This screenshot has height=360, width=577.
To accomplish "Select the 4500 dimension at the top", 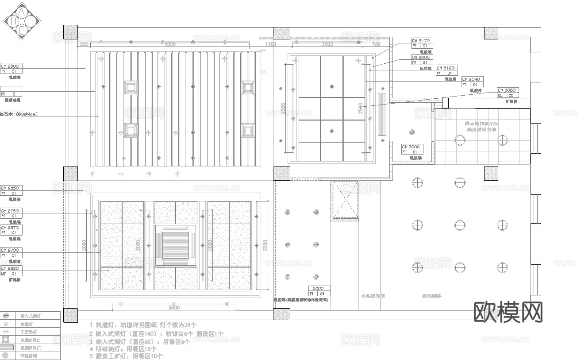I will (x=169, y=44).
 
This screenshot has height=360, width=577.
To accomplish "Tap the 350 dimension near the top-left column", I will (x=84, y=44).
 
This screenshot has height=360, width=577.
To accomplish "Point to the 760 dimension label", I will (x=376, y=44).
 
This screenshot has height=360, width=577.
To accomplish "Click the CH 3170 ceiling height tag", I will (x=421, y=43).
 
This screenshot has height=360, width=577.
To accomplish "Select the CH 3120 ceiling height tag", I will (x=446, y=70).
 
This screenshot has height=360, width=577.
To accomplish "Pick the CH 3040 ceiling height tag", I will (x=472, y=81).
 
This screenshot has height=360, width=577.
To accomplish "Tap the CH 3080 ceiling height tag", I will (x=508, y=92).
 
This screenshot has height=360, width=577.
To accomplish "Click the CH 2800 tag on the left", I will (x=11, y=68).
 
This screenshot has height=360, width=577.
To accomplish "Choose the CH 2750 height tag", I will (x=11, y=213).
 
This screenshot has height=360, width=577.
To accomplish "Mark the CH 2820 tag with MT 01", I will (x=11, y=271).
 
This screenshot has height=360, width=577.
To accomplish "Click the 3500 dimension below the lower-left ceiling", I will (x=174, y=307).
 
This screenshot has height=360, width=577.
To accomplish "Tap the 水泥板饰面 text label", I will (x=373, y=296).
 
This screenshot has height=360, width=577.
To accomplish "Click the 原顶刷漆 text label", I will (x=432, y=296).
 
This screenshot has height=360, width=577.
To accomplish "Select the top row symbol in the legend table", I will (x=6, y=316).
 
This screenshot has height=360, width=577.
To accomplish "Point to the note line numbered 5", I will (x=126, y=356).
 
